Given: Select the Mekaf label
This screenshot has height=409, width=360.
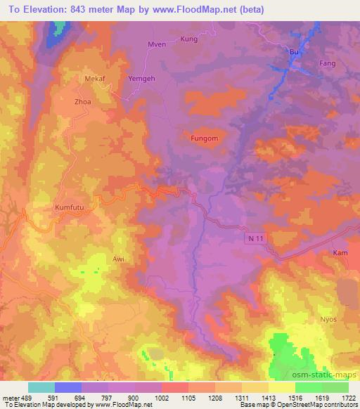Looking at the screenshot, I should click(x=95, y=80).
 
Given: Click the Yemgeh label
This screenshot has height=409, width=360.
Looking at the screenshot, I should click(x=140, y=79).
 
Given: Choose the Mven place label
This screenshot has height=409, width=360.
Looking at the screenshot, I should click(x=156, y=44).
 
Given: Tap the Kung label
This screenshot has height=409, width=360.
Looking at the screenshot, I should click(x=189, y=39).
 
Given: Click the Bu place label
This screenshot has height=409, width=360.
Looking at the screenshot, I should click(x=295, y=52).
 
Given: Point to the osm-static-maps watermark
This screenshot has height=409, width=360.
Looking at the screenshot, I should click(x=326, y=377).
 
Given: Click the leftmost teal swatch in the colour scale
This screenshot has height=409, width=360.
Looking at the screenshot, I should click(x=41, y=387).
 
